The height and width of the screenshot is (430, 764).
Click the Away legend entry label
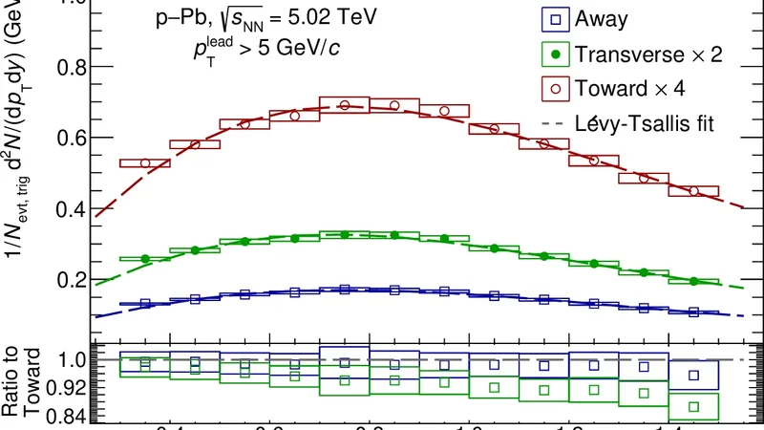click(605, 19)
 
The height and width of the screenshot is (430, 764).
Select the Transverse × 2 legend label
click(648, 55)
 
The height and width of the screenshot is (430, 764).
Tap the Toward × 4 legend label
click(631, 89)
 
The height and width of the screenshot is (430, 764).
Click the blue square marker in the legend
click(552, 19)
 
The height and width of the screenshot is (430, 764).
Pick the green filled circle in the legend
click(552, 55)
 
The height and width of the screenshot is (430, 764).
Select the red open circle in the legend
click(552, 90)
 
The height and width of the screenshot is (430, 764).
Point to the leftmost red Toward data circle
click(145, 163)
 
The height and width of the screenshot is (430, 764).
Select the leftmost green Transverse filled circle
click(145, 259)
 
